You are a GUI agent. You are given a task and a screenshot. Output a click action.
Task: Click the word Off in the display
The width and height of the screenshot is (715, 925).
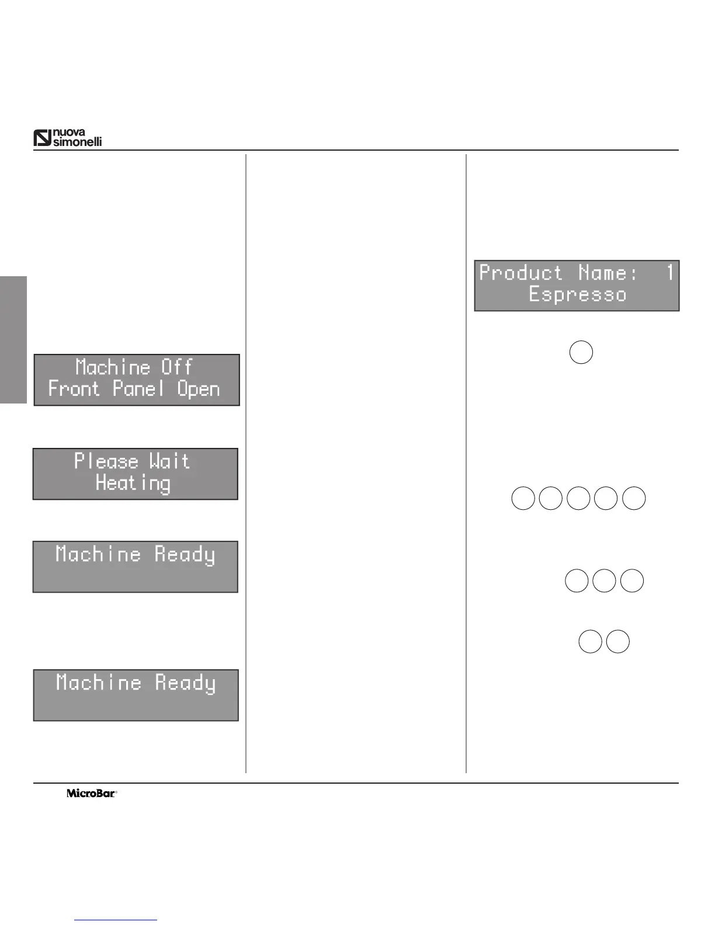pyautogui.click(x=176, y=367)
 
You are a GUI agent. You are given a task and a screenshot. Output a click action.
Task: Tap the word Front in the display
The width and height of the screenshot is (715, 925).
pyautogui.click(x=74, y=389)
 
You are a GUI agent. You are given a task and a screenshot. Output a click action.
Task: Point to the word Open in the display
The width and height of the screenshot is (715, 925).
pyautogui.click(x=199, y=390)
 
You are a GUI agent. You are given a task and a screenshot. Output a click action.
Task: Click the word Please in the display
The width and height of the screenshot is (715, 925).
pyautogui.click(x=106, y=461)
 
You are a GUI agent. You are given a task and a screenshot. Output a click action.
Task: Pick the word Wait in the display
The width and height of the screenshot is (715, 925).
pyautogui.click(x=169, y=461)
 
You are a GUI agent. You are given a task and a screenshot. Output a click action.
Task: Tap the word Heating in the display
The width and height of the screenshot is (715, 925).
pyautogui.click(x=133, y=484)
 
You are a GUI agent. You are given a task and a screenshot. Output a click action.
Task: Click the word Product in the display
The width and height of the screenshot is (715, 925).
pyautogui.click(x=521, y=273)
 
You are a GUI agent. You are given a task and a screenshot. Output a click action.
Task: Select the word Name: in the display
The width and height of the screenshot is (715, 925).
pyautogui.click(x=608, y=273)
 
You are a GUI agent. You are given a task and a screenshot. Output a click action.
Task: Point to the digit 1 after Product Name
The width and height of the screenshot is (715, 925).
pyautogui.click(x=669, y=273)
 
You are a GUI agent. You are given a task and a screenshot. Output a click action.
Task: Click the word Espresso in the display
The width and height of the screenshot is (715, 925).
pyautogui.click(x=577, y=294)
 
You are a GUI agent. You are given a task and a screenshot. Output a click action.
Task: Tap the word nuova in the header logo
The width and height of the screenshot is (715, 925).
pyautogui.click(x=70, y=133)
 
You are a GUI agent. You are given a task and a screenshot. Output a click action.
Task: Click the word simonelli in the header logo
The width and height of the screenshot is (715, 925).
pyautogui.click(x=78, y=142)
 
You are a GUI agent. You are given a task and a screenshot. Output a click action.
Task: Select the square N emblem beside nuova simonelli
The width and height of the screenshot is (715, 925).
pyautogui.click(x=43, y=138)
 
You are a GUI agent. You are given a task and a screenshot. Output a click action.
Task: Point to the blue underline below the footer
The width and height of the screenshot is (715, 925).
pyautogui.click(x=116, y=920)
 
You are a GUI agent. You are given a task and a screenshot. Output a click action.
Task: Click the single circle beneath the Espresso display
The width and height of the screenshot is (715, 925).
pyautogui.click(x=581, y=353)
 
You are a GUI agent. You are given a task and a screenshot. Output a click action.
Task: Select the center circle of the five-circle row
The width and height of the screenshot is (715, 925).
pyautogui.click(x=578, y=499)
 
